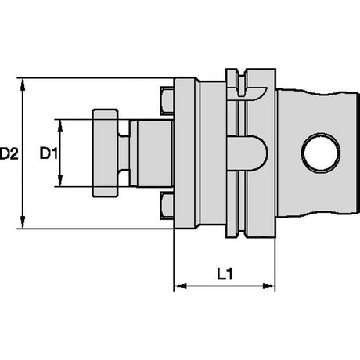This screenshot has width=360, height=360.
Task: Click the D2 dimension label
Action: tap(9, 153)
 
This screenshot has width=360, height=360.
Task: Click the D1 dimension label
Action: tap(49, 153)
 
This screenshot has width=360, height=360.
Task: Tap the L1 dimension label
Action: tap(225, 274)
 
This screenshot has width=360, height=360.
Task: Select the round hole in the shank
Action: tap(321, 153)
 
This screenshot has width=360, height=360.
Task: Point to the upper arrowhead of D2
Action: tap(23, 84)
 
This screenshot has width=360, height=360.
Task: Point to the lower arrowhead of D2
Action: tap(23, 222)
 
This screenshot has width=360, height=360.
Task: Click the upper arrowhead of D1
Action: tap(60, 125)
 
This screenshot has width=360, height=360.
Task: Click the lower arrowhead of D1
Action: tap(60, 181)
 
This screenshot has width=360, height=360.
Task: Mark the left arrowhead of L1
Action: tap(180, 286)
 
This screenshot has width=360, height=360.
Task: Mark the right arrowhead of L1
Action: tap(268, 286)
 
